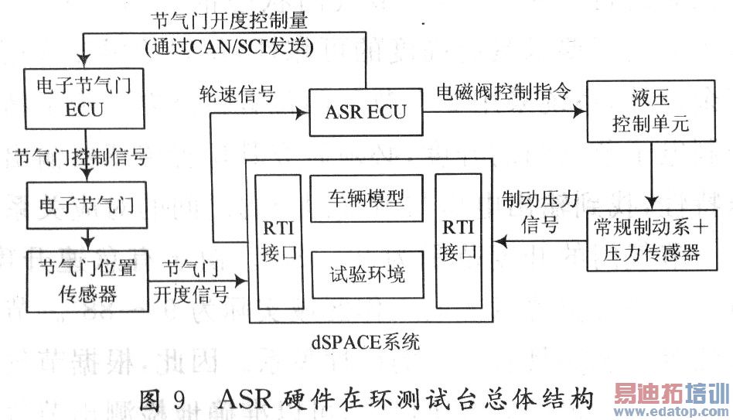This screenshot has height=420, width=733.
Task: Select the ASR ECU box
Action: [366, 113]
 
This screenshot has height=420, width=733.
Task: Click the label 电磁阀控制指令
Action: [503, 91]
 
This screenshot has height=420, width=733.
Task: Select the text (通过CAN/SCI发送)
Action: [229, 48]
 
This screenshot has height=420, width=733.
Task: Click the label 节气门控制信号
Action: [80, 158]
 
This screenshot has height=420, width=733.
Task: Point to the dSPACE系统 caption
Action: [367, 340]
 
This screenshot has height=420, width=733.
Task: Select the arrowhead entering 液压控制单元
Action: [582, 112]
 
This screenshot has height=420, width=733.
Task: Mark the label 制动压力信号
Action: [539, 213]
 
